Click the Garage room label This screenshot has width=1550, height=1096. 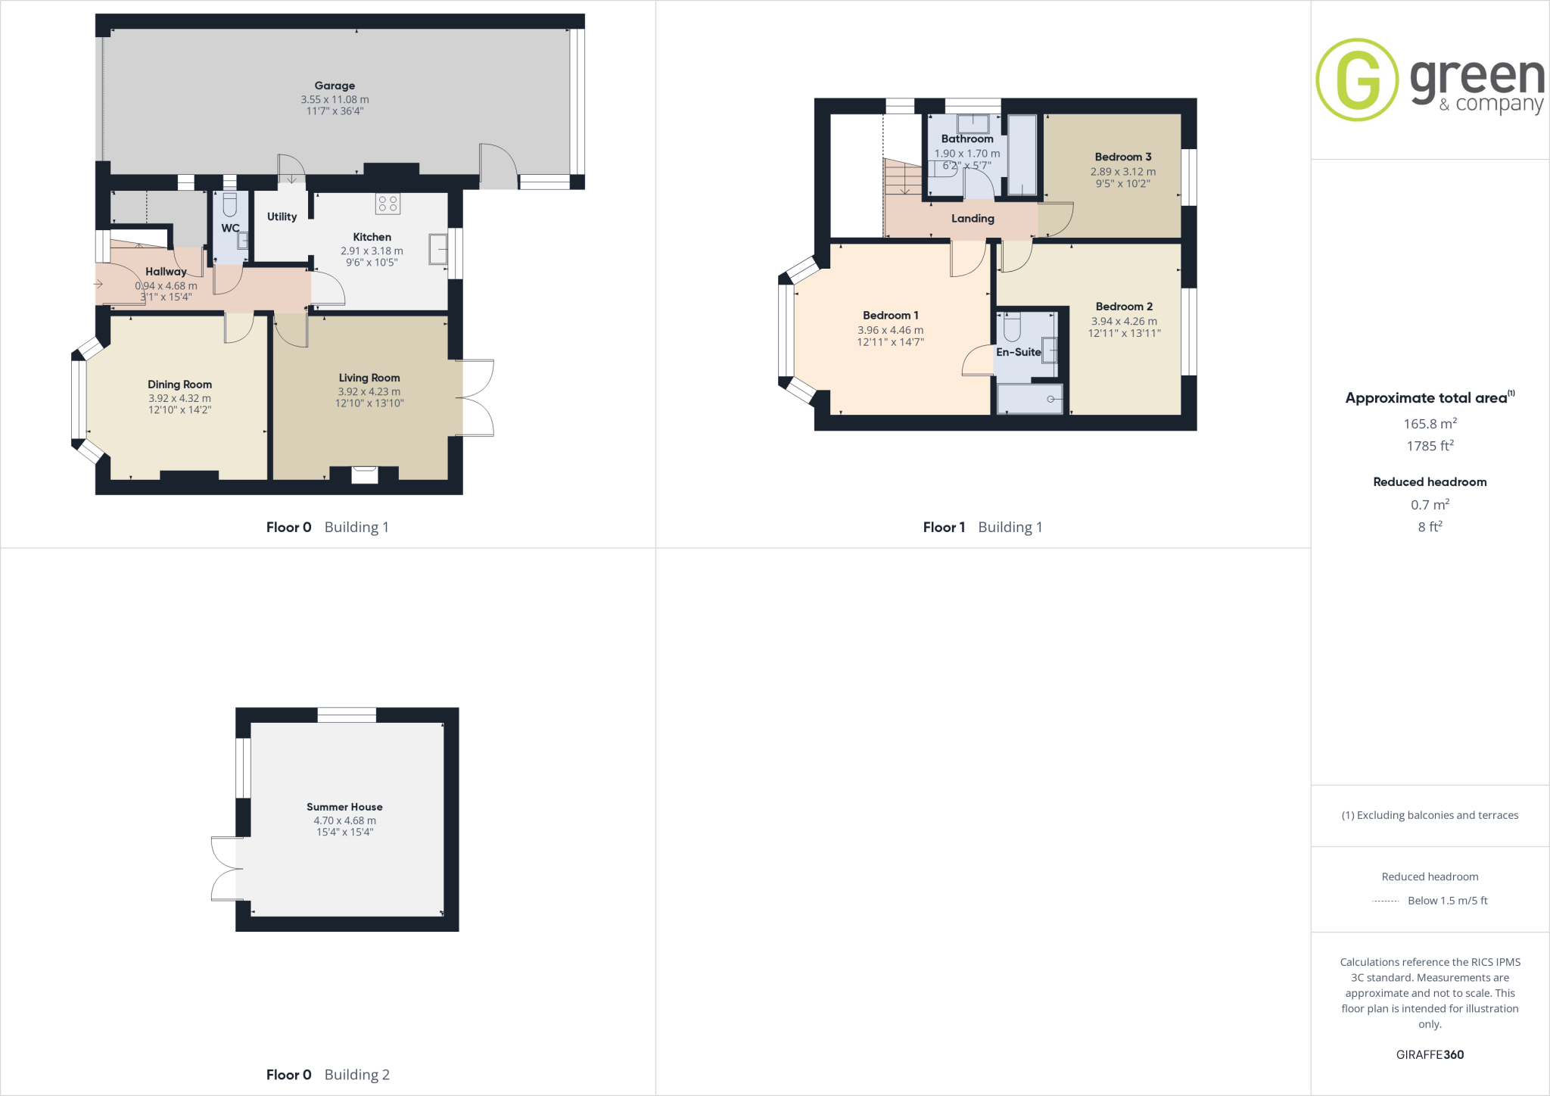(335, 86)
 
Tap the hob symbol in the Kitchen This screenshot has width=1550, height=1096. (387, 203)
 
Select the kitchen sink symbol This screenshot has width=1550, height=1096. (437, 249)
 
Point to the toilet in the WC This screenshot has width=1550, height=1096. (230, 204)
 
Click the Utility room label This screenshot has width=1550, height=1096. (282, 216)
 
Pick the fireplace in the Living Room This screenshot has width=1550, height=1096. (365, 475)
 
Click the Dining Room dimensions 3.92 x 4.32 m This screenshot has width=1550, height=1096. (179, 398)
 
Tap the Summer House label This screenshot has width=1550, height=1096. (344, 807)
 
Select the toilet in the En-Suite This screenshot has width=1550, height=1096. (1012, 327)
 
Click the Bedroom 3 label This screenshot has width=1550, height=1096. (1123, 157)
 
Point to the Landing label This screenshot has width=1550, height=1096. (973, 219)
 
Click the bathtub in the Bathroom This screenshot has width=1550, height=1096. (1022, 155)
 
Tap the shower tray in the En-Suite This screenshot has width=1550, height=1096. (1029, 399)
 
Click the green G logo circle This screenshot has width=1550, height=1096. (1357, 79)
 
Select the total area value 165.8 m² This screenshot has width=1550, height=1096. (1430, 424)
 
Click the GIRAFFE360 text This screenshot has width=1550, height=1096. (1430, 1054)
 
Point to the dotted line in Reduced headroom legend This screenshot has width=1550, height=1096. (1385, 901)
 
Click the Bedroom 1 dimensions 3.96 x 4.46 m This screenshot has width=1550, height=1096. (890, 330)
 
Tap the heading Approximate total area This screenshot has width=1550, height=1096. (1427, 398)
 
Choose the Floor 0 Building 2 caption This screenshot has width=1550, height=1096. (328, 1075)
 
